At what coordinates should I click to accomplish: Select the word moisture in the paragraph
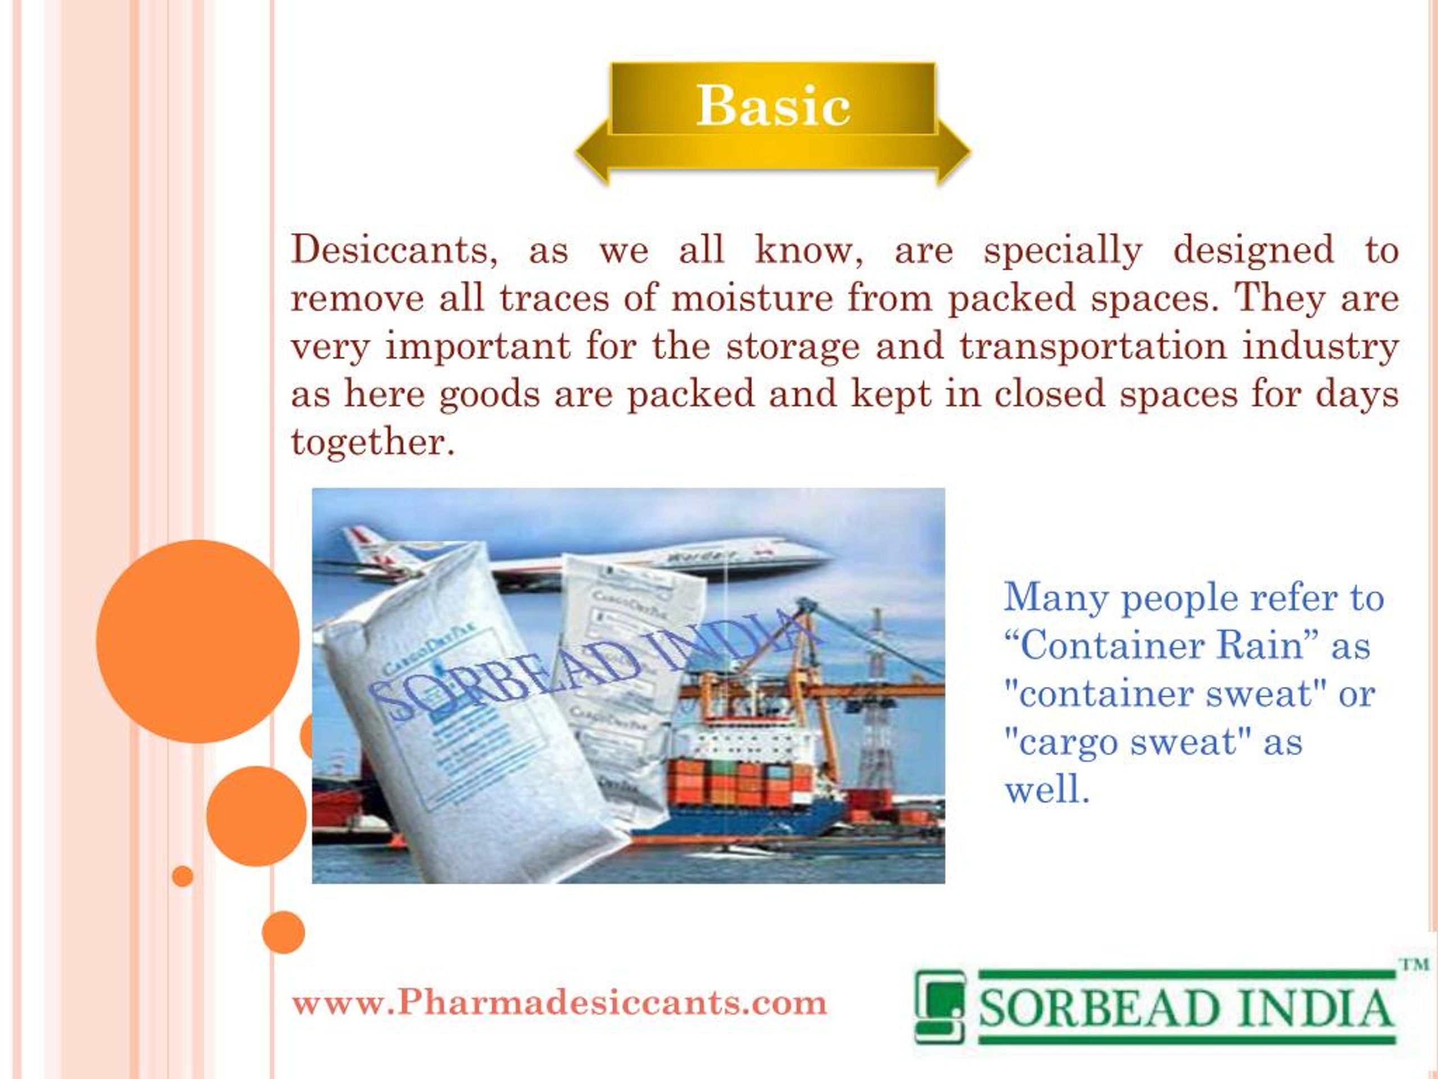(x=752, y=298)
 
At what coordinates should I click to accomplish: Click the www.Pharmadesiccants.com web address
(x=559, y=1002)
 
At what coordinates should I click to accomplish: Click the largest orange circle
(x=198, y=641)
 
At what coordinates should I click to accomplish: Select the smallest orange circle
(x=183, y=876)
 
